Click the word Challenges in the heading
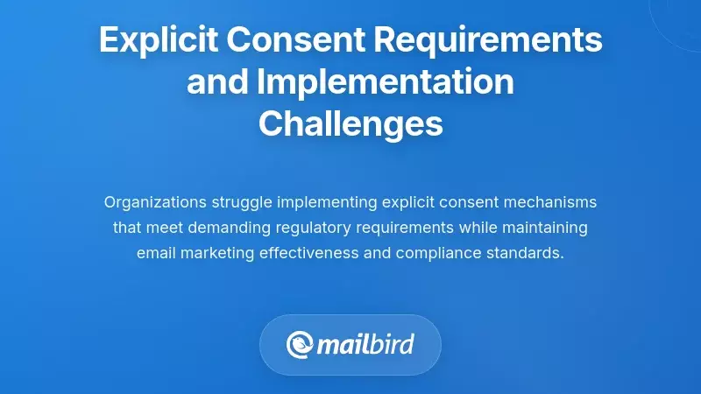[350, 124]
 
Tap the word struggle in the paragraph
[243, 202]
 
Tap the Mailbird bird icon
[299, 344]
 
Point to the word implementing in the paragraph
[328, 202]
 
